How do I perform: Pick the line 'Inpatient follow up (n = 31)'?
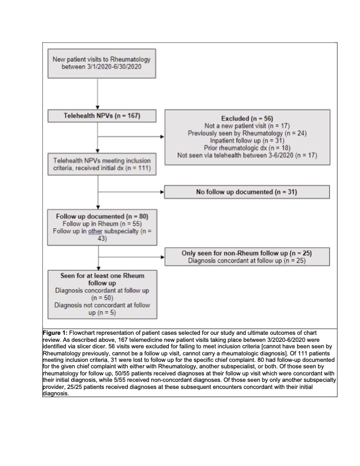[246, 141]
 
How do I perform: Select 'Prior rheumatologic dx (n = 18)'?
[246, 148]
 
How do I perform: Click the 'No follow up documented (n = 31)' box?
[246, 192]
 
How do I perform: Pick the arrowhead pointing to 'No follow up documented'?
[162, 192]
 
